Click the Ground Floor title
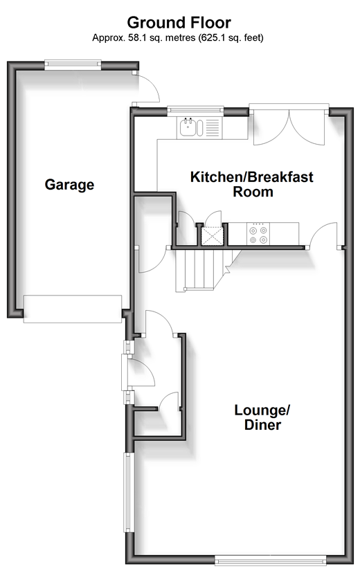pyautogui.click(x=179, y=23)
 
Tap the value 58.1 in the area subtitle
pyautogui.click(x=135, y=37)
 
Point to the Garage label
pyautogui.click(x=70, y=185)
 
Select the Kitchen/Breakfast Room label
pyautogui.click(x=252, y=184)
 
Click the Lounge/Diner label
pyautogui.click(x=262, y=417)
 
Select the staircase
pyautogui.click(x=204, y=270)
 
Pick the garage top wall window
pyautogui.click(x=73, y=65)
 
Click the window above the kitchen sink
pyautogui.click(x=195, y=111)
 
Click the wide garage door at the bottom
pyautogui.click(x=73, y=309)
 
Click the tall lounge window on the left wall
pyautogui.click(x=129, y=492)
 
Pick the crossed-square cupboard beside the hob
pyautogui.click(x=212, y=236)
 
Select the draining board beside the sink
pyautogui.click(x=213, y=127)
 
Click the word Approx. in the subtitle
pyautogui.click(x=109, y=38)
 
